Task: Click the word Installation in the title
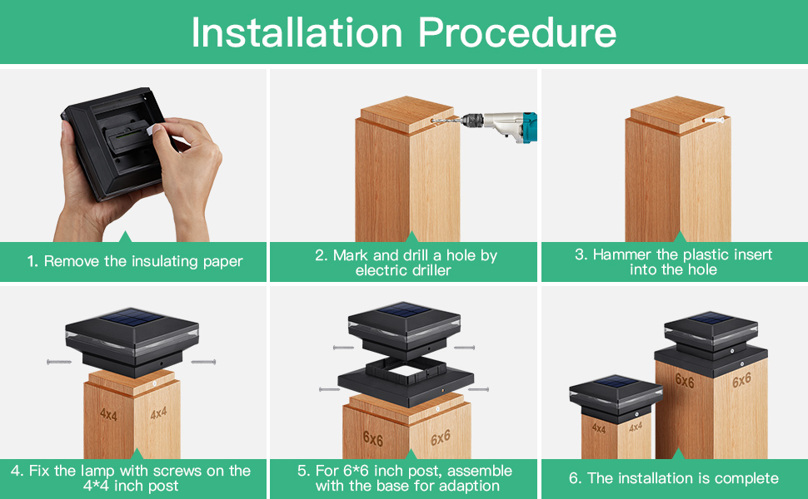point(297,33)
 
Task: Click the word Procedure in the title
point(516,33)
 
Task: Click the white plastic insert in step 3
point(714,120)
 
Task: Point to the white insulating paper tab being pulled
point(156,129)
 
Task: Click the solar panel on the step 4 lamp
point(132,319)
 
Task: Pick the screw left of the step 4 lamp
point(59,362)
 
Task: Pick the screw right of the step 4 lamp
point(203,362)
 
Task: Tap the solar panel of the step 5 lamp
point(405,310)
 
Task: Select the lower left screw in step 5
point(329,389)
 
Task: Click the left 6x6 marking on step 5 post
point(372,438)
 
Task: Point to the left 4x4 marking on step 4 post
point(108,414)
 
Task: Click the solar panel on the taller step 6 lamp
point(711,319)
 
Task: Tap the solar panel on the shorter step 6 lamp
point(616,383)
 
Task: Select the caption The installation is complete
point(674,478)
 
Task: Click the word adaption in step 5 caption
point(468,487)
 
